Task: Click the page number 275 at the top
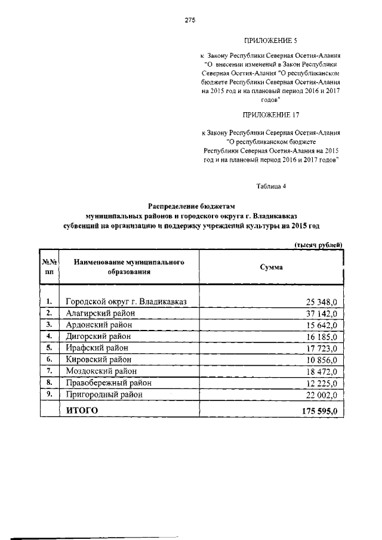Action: point(190,20)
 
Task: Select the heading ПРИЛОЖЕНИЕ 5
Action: point(270,41)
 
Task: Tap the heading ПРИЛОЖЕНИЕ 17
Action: point(270,115)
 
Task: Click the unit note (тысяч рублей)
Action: point(319,245)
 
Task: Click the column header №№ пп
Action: point(48,267)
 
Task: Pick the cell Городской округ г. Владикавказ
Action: point(127,302)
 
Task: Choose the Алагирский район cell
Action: point(100,313)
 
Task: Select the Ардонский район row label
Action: point(99,325)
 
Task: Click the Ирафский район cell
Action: point(96,347)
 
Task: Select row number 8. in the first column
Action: point(49,382)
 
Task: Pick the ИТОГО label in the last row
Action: point(81,410)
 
